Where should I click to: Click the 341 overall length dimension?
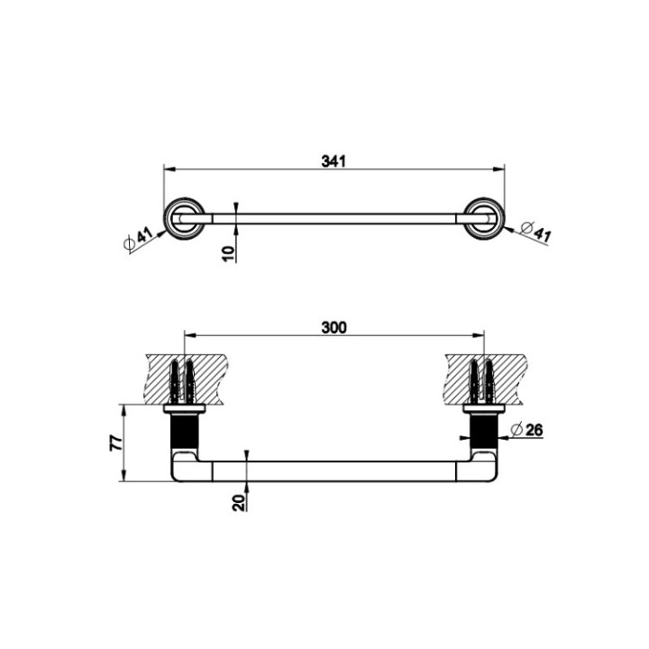click(x=334, y=161)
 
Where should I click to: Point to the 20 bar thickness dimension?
click(x=238, y=502)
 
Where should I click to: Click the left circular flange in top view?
click(x=183, y=218)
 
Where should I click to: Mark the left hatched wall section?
click(x=184, y=378)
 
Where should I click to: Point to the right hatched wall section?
click(x=484, y=378)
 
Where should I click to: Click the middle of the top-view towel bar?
click(x=334, y=218)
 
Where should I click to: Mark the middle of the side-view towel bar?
click(x=334, y=473)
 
